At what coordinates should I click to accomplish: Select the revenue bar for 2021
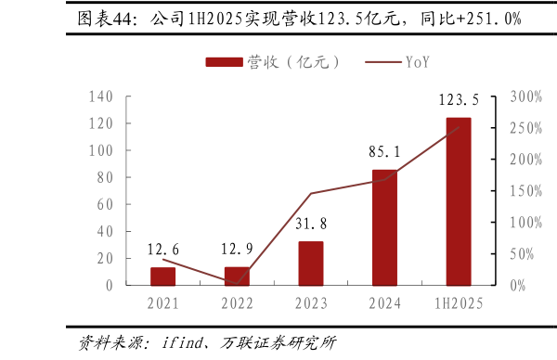(x=163, y=276)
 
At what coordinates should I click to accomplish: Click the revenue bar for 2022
(x=237, y=276)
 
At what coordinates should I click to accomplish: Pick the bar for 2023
(x=311, y=264)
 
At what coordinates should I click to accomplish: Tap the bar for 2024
(x=384, y=227)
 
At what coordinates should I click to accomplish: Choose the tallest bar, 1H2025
(x=459, y=201)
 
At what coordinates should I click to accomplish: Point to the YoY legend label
(x=417, y=62)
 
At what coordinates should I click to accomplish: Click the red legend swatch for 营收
(x=224, y=62)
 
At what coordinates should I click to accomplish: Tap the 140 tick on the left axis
(x=102, y=96)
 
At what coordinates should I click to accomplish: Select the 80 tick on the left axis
(x=105, y=177)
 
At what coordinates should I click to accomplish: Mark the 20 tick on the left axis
(x=105, y=258)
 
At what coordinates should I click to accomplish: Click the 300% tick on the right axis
(x=526, y=96)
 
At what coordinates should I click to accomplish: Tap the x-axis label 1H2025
(x=459, y=303)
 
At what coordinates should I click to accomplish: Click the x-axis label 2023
(x=311, y=303)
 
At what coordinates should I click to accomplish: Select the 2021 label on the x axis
(x=163, y=303)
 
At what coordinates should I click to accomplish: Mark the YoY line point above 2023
(x=311, y=194)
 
